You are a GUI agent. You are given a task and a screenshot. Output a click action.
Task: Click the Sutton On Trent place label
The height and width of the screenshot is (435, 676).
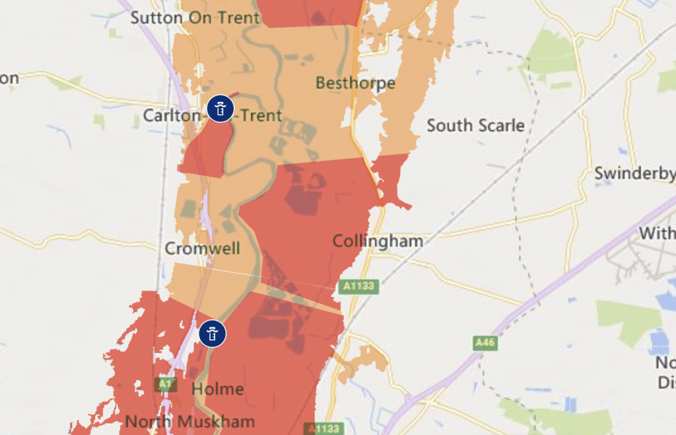(x=195, y=18)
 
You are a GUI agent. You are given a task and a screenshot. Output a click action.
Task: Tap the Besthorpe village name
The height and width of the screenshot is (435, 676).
(x=355, y=83)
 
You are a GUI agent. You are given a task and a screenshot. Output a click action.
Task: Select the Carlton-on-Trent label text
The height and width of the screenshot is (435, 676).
(x=213, y=116)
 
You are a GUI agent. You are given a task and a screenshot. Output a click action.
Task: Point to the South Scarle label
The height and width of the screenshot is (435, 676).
(x=475, y=125)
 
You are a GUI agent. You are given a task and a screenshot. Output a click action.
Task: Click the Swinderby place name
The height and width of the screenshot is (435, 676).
(x=634, y=174)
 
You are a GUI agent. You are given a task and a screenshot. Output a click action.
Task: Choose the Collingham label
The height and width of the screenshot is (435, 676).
(x=378, y=241)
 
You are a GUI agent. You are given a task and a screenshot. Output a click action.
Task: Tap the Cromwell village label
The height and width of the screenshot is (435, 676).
(x=202, y=249)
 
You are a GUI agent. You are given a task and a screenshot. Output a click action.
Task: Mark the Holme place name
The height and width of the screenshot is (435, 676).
(x=217, y=389)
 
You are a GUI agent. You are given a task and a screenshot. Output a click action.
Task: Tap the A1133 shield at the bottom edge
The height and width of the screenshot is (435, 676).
(x=323, y=428)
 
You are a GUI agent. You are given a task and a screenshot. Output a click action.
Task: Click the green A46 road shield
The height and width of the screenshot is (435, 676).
(x=485, y=343)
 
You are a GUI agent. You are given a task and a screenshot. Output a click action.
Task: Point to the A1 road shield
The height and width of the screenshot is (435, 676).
(x=164, y=384)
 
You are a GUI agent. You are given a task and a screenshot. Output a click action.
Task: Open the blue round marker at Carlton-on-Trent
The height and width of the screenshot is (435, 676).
(x=220, y=107)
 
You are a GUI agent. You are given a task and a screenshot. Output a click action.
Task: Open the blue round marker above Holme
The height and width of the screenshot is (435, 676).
(x=213, y=333)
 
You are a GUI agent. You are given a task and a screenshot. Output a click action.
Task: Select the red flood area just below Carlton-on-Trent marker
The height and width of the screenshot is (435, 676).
(x=205, y=149)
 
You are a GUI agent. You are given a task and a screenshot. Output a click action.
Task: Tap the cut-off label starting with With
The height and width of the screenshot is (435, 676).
(x=657, y=234)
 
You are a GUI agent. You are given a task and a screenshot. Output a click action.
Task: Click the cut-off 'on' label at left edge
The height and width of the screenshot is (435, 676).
(x=9, y=79)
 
